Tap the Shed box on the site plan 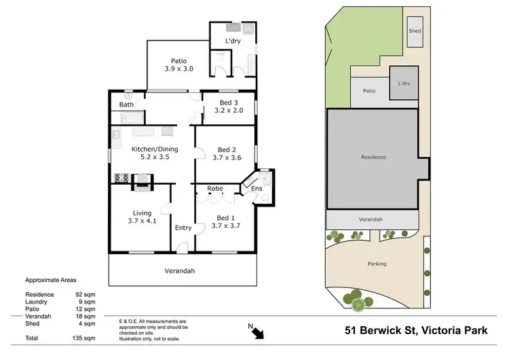(414, 35)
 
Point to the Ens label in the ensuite (257, 188)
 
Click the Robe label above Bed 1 (215, 188)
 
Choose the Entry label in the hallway (183, 228)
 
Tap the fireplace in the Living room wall (143, 179)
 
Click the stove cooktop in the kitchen (121, 179)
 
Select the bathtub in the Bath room (126, 118)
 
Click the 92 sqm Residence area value (84, 294)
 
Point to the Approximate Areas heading (51, 280)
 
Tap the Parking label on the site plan (377, 264)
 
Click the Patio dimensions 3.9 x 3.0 (179, 69)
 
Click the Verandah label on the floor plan (180, 270)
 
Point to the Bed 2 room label (227, 150)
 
